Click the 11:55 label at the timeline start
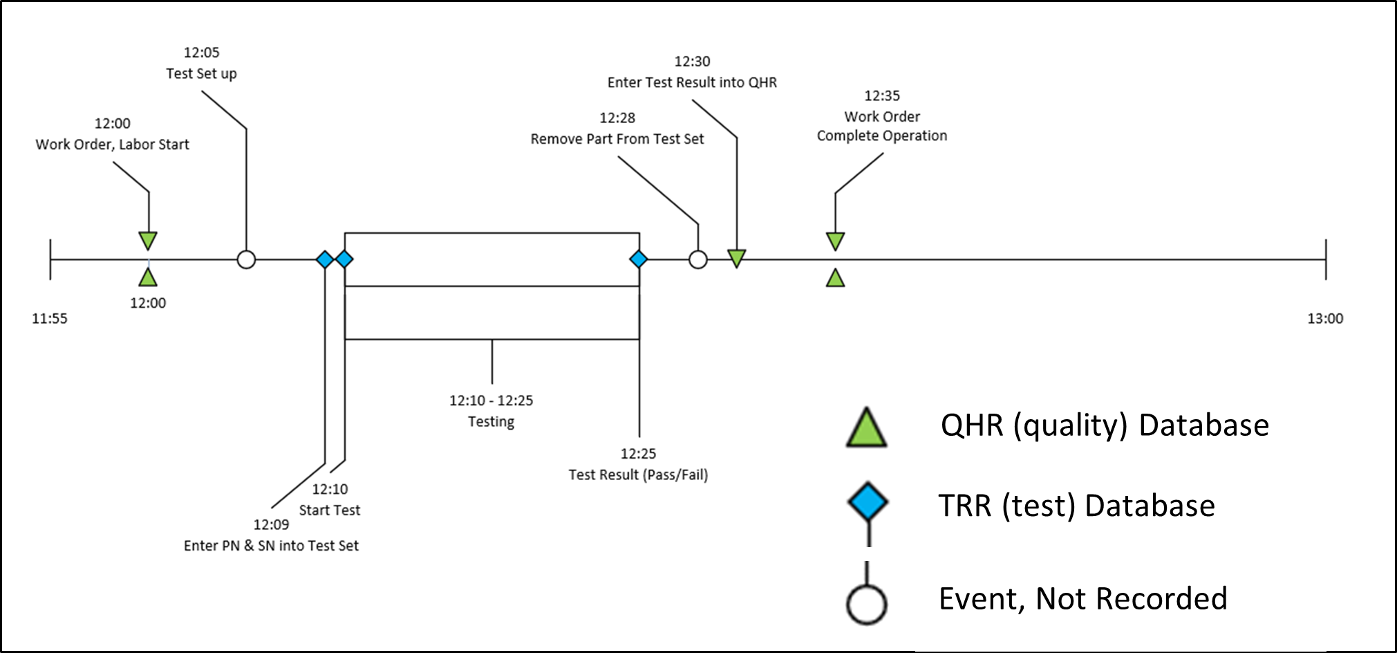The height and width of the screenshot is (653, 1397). coord(50,319)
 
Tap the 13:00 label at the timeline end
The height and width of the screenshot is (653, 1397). coord(1325,319)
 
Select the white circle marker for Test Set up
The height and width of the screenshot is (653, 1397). coord(246,260)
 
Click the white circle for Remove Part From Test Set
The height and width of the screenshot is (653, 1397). coord(698,260)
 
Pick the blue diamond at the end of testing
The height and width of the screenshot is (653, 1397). coord(639,259)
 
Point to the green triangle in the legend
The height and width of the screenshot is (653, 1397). coord(866,428)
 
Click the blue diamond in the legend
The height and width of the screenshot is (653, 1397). coord(868,502)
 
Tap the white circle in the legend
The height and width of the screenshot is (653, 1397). coord(867,605)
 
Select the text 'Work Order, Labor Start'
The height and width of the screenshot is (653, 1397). coord(113,145)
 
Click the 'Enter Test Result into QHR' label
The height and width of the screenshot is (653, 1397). coord(692,83)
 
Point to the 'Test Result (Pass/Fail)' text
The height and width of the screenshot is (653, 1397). coord(638,475)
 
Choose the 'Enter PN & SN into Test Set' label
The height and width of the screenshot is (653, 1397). coord(271,546)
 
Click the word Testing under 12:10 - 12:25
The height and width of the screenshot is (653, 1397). coord(491,422)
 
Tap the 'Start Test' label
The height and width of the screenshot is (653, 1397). coord(330,511)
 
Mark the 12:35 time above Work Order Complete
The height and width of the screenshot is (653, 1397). coord(882,96)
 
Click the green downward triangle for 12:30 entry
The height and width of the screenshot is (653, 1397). coord(737,258)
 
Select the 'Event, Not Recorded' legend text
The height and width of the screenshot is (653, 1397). coord(1082,599)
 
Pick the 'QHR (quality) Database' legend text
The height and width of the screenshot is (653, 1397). coord(1105,425)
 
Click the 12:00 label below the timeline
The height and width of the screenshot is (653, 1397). coord(148,303)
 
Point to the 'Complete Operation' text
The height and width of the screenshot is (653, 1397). coord(882,136)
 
